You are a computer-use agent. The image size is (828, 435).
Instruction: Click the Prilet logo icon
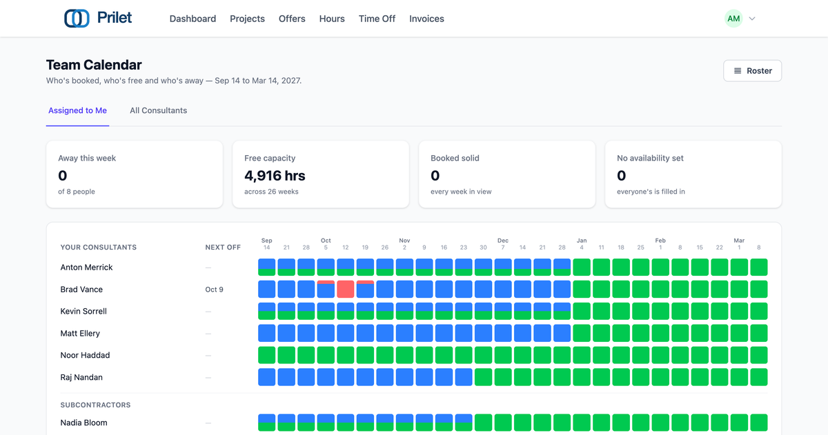(x=77, y=18)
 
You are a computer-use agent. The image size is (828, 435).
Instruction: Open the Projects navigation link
(x=247, y=19)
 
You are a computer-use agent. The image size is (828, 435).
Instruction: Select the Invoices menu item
(x=426, y=19)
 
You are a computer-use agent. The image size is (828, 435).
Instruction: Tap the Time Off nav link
(x=377, y=19)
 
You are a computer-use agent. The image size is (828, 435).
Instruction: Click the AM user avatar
(x=733, y=19)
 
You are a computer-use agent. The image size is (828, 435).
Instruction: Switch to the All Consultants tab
(x=158, y=110)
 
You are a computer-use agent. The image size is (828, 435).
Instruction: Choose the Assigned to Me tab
(x=77, y=110)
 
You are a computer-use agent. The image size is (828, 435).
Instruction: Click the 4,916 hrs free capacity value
(x=275, y=176)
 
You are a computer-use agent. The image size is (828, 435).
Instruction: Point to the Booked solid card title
(x=455, y=158)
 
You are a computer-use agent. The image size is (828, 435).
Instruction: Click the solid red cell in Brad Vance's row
(x=346, y=289)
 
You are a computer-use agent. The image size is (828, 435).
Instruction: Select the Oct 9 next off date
(x=214, y=290)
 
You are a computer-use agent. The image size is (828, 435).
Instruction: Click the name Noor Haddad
(x=85, y=355)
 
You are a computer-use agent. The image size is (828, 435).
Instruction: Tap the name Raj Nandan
(x=81, y=377)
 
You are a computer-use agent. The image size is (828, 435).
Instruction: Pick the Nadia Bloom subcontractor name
(x=84, y=423)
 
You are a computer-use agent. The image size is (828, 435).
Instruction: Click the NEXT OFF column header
(x=223, y=247)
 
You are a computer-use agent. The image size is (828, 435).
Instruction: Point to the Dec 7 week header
(x=503, y=244)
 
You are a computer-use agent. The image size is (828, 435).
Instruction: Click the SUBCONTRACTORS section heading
(x=95, y=405)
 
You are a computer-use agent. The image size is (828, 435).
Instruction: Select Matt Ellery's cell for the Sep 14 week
(x=266, y=333)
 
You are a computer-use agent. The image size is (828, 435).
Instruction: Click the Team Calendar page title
(x=94, y=65)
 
